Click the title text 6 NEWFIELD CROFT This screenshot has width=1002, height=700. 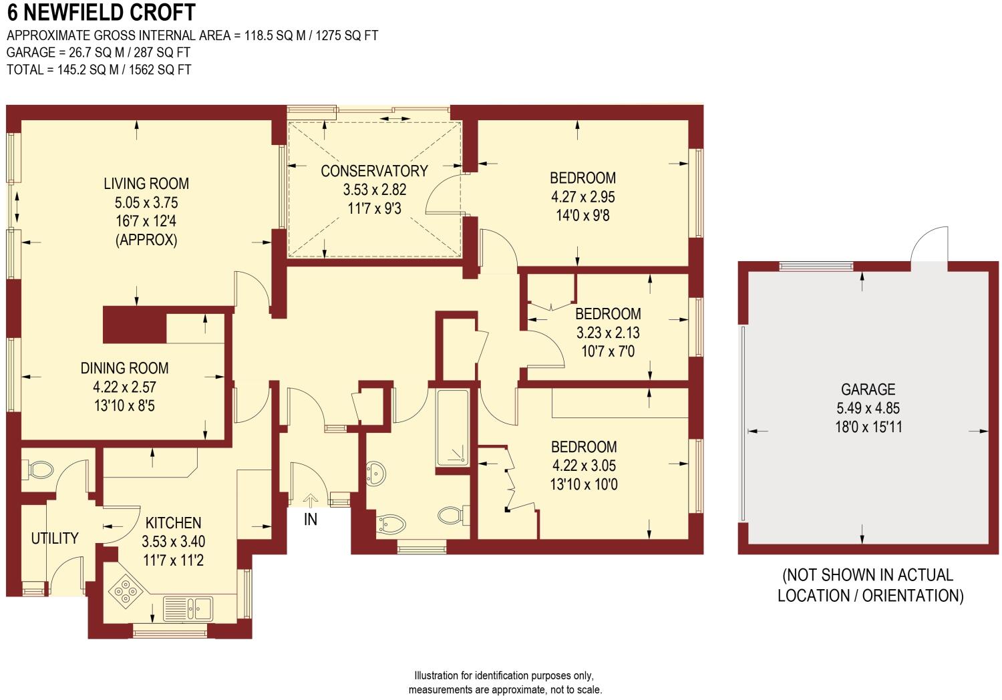[x=102, y=13]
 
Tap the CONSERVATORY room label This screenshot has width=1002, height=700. [x=374, y=171]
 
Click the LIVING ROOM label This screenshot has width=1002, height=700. [x=146, y=184]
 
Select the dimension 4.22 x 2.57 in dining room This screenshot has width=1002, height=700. [x=124, y=387]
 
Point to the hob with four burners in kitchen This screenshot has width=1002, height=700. [x=126, y=590]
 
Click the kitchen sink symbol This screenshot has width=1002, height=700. [x=200, y=607]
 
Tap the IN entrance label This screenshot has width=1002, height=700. [x=311, y=518]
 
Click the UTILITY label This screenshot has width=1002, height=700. [x=55, y=538]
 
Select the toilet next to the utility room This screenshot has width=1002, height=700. [x=39, y=470]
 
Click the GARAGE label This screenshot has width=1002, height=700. [x=868, y=389]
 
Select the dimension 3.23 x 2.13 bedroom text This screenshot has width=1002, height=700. [x=608, y=332]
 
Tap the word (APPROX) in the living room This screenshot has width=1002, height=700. [x=146, y=240]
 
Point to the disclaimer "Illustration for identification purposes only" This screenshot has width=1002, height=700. [x=504, y=676]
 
